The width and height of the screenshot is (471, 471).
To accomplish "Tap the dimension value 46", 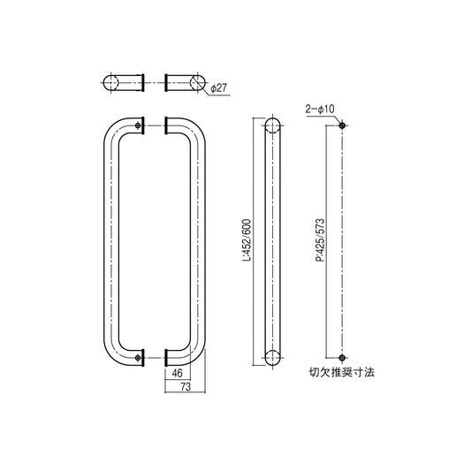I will [178, 373].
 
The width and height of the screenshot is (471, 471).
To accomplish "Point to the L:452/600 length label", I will [251, 239].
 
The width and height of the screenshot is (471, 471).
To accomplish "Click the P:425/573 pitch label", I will [316, 239].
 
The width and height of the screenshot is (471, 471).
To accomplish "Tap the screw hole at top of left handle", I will [141, 126].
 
